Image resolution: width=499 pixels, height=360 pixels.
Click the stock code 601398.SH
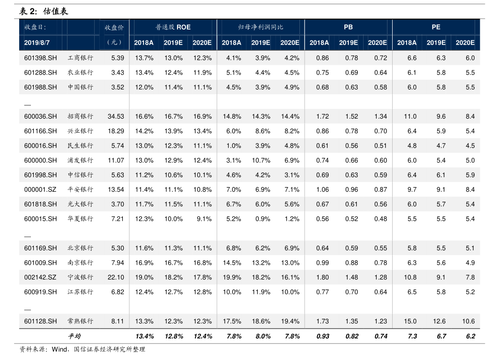[40, 58]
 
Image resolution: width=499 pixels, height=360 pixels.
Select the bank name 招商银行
[81, 116]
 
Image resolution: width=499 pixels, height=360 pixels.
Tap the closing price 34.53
[116, 116]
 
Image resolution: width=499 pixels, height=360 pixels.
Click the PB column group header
[348, 27]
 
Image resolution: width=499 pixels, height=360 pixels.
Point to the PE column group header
[436, 27]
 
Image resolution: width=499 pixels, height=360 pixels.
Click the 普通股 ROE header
[173, 27]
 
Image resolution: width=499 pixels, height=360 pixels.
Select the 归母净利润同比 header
[261, 27]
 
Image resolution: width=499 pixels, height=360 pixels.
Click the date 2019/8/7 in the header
[37, 43]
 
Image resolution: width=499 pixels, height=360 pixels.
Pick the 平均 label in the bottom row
[74, 336]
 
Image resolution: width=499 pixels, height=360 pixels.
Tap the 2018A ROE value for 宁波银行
[144, 277]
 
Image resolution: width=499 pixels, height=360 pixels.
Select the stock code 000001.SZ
[40, 189]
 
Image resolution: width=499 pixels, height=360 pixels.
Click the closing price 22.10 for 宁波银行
[116, 277]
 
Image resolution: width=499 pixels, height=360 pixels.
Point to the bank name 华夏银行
[81, 219]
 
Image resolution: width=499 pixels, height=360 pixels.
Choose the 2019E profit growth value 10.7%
[261, 160]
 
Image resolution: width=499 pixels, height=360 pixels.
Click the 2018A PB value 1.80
[322, 277]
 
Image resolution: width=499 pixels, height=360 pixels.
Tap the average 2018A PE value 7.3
[412, 336]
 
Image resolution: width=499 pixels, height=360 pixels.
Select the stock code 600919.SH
[40, 292]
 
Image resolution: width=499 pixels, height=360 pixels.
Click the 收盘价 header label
[114, 27]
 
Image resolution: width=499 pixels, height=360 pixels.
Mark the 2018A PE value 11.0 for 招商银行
[410, 116]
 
